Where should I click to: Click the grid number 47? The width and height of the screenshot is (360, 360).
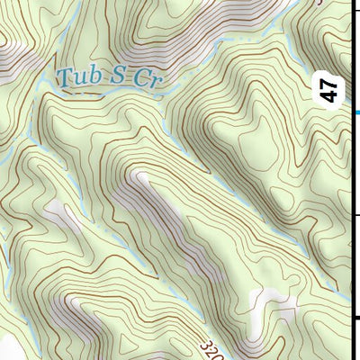click(330, 90)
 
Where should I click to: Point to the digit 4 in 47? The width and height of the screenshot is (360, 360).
click(330, 96)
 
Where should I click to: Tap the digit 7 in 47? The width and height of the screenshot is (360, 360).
click(330, 84)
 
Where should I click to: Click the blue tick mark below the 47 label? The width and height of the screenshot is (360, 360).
click(355, 112)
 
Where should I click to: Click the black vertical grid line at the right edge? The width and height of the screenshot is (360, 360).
click(349, 180)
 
